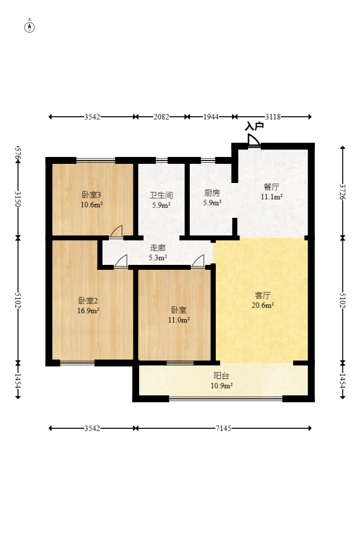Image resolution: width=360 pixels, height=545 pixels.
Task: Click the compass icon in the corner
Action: pyautogui.click(x=29, y=27)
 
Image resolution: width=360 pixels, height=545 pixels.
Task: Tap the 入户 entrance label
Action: pyautogui.click(x=254, y=126)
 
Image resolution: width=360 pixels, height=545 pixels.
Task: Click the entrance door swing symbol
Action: pyautogui.click(x=254, y=140)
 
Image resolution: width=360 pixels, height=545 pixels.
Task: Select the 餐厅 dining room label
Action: pyautogui.click(x=271, y=187)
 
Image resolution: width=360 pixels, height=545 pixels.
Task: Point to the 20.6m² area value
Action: pyautogui.click(x=263, y=306)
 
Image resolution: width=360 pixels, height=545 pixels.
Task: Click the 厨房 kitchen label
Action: pyautogui.click(x=212, y=193)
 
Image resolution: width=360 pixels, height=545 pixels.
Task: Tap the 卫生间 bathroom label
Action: pyautogui.click(x=161, y=195)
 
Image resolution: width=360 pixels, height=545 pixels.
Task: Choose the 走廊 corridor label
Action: pyautogui.click(x=158, y=248)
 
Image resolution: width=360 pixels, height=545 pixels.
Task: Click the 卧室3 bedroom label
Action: pyautogui.click(x=91, y=195)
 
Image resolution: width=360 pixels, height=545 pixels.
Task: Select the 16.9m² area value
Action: pyautogui.click(x=88, y=311)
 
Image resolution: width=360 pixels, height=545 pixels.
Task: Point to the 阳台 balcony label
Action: pyautogui.click(x=221, y=376)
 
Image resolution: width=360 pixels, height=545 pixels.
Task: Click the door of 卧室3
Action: pyautogui.click(x=116, y=232)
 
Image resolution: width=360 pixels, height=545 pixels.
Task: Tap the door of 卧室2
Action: pyautogui.click(x=121, y=261)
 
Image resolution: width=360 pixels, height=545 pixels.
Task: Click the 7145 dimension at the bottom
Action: pyautogui.click(x=223, y=428)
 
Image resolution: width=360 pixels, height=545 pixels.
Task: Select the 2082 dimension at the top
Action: pyautogui.click(x=161, y=117)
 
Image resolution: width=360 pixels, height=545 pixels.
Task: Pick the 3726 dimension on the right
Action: pyautogui.click(x=343, y=192)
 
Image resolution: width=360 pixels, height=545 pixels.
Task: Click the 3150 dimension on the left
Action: pyautogui.click(x=18, y=199)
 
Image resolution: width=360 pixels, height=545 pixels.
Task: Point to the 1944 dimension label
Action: pyautogui.click(x=211, y=117)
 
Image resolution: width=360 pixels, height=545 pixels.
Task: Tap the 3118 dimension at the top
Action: pyautogui.click(x=273, y=117)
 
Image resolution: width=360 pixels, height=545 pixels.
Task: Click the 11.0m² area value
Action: pyautogui.click(x=179, y=320)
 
